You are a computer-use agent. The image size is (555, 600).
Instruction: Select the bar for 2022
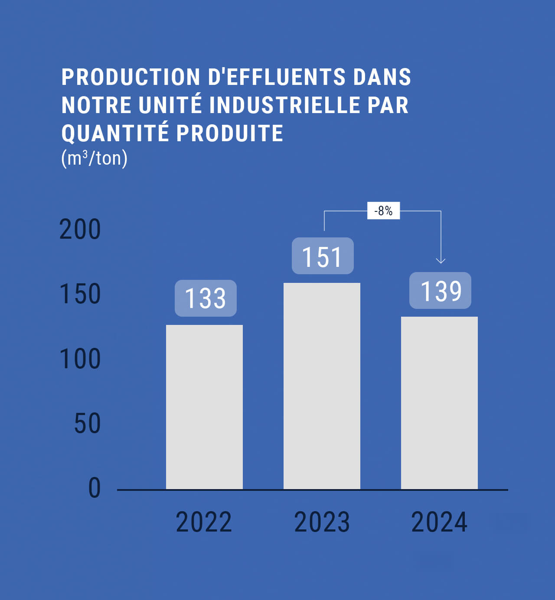pyautogui.click(x=204, y=407)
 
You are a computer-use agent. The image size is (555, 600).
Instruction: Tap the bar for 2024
pyautogui.click(x=439, y=402)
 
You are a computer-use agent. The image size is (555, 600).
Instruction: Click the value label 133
pyautogui.click(x=206, y=298)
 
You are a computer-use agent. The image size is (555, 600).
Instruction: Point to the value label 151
pyautogui.click(x=323, y=256)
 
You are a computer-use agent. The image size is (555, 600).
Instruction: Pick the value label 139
pyautogui.click(x=440, y=291)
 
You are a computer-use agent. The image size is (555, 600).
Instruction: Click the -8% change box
pyautogui.click(x=383, y=211)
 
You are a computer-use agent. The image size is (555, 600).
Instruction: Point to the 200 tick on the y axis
pyautogui.click(x=80, y=230)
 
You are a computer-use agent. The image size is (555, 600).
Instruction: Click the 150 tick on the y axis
pyautogui.click(x=80, y=294)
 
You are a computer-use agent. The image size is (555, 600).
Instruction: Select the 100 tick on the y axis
pyautogui.click(x=80, y=359)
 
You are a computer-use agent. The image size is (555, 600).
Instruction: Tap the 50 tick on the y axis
pyautogui.click(x=87, y=424)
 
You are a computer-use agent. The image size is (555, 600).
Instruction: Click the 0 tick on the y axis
pyautogui.click(x=94, y=488)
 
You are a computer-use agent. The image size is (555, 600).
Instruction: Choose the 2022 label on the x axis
pyautogui.click(x=204, y=522)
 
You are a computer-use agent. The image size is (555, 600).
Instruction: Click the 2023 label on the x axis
pyautogui.click(x=322, y=522)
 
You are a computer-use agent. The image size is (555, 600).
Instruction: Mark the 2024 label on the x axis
pyautogui.click(x=439, y=522)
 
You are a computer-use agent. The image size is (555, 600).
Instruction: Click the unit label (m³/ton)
pyautogui.click(x=95, y=158)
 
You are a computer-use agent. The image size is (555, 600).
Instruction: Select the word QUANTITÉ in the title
pyautogui.click(x=115, y=133)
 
